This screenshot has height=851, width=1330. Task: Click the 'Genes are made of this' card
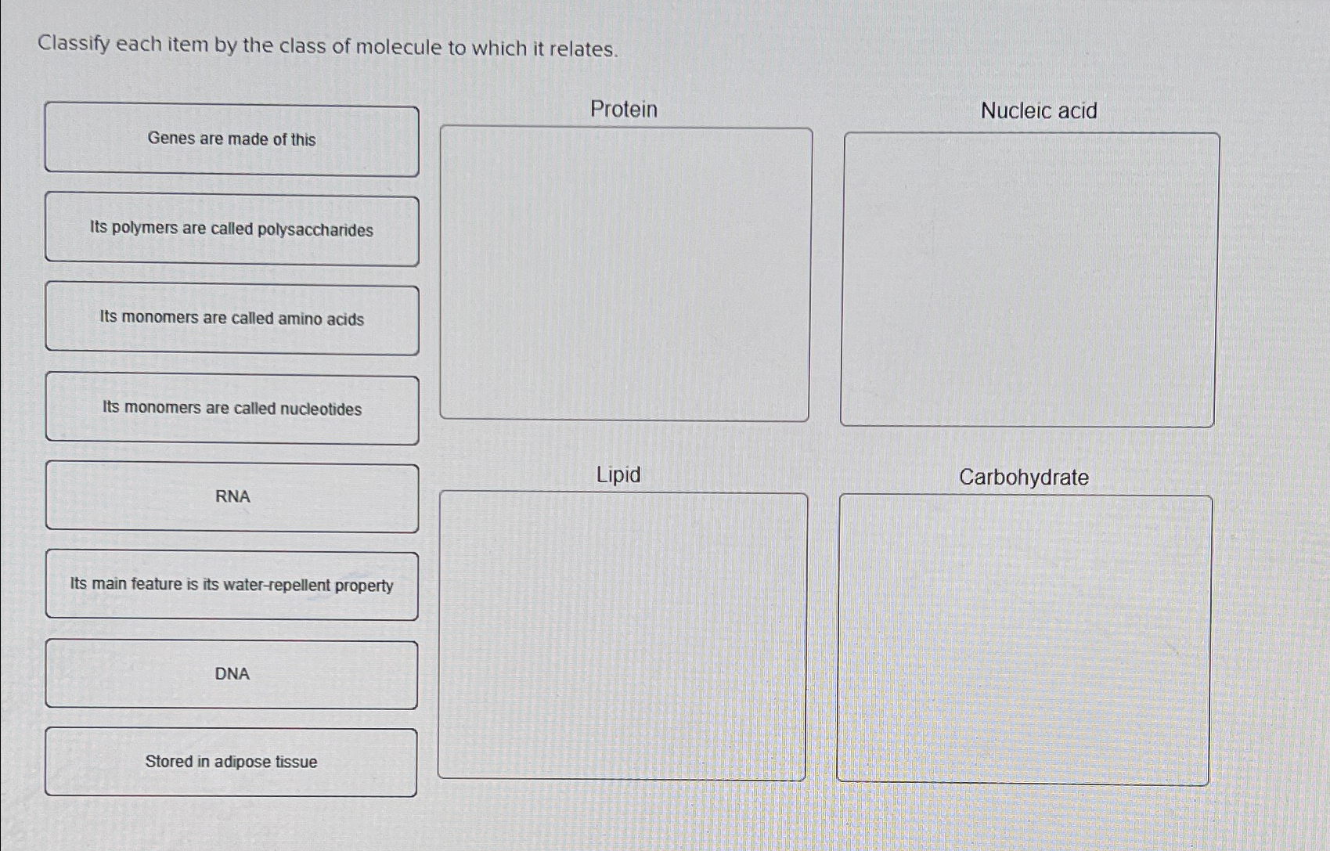click(x=232, y=140)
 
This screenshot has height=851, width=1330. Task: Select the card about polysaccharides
click(x=232, y=230)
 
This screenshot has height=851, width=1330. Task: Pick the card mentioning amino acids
click(x=232, y=319)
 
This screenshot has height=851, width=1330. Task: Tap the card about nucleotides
click(x=232, y=409)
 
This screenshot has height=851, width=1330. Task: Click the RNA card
click(x=232, y=498)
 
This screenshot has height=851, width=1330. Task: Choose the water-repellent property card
click(x=232, y=586)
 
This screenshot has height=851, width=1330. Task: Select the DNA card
click(x=232, y=675)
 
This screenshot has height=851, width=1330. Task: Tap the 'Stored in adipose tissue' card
click(x=231, y=763)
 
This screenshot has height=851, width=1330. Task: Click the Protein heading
click(x=624, y=109)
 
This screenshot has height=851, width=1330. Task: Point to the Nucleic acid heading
click(x=1039, y=111)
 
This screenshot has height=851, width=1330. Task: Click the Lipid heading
click(x=618, y=475)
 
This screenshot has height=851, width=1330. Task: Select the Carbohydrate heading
click(x=1024, y=478)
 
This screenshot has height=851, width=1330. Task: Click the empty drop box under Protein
click(x=625, y=274)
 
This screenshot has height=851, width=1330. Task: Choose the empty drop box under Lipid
click(x=622, y=636)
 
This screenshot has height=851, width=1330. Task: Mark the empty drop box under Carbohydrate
click(x=1024, y=640)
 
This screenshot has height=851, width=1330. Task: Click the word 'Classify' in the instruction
click(x=74, y=44)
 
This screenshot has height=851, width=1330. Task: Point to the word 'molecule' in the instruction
click(x=398, y=48)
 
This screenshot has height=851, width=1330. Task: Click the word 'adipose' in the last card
click(x=243, y=763)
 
